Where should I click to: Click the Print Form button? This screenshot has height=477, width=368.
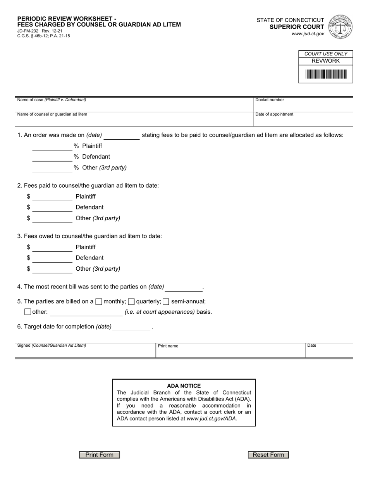(100, 455)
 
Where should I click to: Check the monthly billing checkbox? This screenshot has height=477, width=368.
(99, 301)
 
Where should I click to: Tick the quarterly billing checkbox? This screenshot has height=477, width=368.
(131, 301)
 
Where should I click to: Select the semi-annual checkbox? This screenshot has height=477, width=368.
(166, 301)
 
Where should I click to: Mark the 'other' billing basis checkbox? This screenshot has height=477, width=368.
(28, 312)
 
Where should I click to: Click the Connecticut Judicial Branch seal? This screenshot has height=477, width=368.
(340, 27)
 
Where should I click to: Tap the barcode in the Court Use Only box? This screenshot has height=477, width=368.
(326, 74)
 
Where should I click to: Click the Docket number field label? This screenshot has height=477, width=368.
(270, 100)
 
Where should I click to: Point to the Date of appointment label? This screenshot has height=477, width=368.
(274, 114)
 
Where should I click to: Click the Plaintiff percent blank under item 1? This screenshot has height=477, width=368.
(52, 147)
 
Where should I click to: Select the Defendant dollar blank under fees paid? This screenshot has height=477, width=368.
(52, 208)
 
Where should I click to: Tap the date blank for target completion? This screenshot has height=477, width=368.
(131, 327)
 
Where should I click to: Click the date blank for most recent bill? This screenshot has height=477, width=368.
(184, 287)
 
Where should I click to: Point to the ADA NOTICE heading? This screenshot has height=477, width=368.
(184, 386)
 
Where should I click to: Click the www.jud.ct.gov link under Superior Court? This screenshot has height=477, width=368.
(308, 34)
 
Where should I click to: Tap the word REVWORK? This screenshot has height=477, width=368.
(325, 61)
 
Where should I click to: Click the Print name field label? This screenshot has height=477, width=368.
(168, 346)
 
